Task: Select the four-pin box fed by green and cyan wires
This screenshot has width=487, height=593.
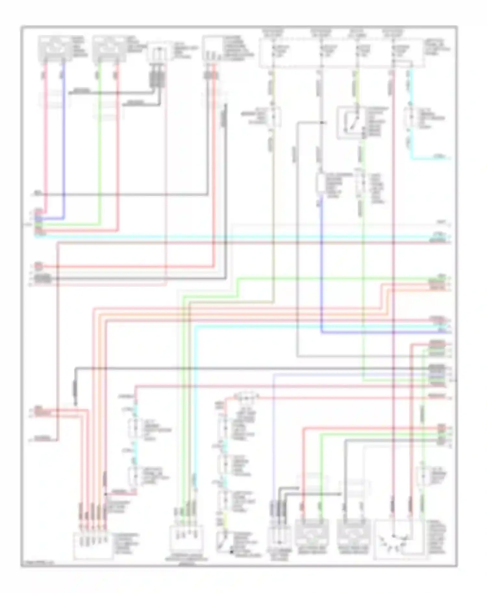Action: point(186,539)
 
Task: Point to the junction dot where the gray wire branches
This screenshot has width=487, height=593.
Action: point(322,123)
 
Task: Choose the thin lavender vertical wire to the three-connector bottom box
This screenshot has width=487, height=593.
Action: point(274,438)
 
